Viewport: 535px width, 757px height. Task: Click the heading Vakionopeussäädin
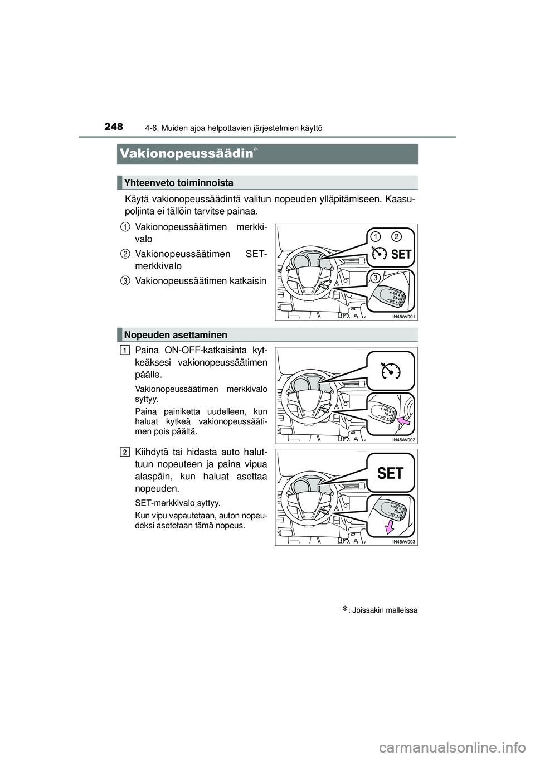click(186, 153)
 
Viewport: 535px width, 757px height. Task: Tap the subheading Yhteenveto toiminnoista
click(179, 183)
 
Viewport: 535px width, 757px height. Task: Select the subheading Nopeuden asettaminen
click(176, 335)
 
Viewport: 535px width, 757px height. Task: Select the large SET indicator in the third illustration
click(390, 473)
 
